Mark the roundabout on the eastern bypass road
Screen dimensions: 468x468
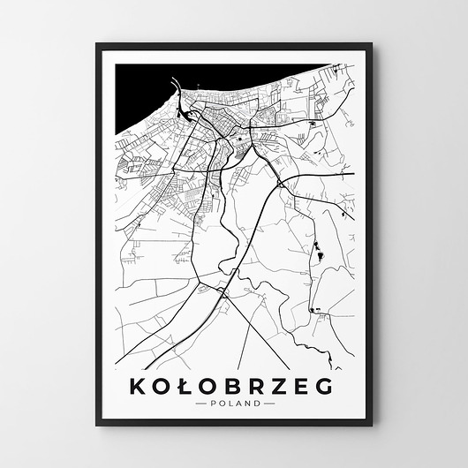[281, 183]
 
